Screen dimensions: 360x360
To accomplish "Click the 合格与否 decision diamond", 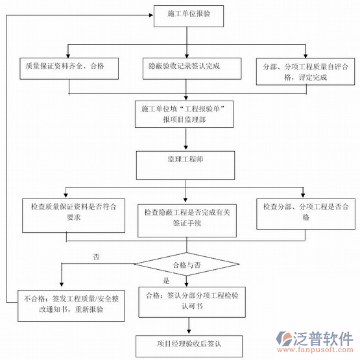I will click(186, 265).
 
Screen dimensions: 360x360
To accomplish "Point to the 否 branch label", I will click(96, 257).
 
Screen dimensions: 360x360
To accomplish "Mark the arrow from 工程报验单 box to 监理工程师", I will click(186, 140).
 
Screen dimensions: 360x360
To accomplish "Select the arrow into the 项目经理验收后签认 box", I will click(186, 328).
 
